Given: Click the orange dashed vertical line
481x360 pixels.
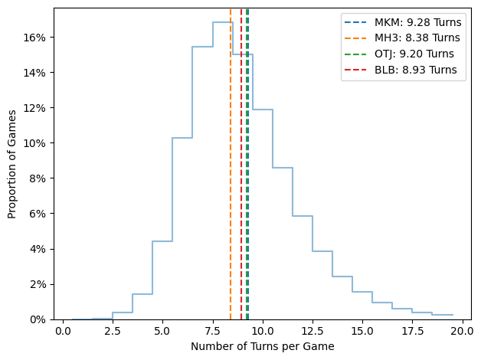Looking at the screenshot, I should (x=231, y=191).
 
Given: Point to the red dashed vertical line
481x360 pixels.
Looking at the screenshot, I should (x=241, y=191).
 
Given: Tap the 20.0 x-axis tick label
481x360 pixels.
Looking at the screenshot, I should (x=463, y=333).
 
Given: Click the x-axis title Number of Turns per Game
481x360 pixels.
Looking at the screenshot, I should (x=263, y=347).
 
